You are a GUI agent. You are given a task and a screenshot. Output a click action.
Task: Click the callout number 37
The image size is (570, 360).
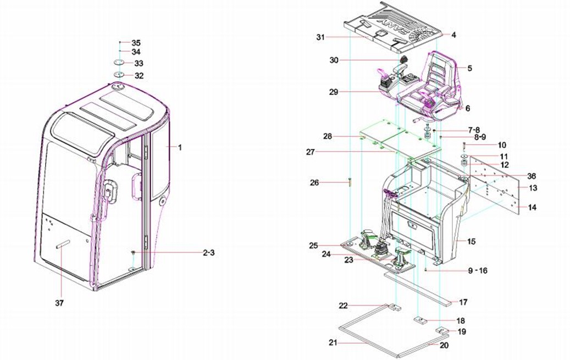(x=60, y=302)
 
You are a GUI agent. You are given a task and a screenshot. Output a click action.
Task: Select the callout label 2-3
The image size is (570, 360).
(x=208, y=253)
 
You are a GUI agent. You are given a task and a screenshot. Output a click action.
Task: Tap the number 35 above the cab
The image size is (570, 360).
(x=136, y=42)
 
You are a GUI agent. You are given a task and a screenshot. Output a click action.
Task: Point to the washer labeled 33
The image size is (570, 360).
(x=120, y=63)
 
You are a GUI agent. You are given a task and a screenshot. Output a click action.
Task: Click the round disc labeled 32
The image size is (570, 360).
(x=120, y=75)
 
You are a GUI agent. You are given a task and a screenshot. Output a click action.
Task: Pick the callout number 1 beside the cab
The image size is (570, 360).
(x=179, y=147)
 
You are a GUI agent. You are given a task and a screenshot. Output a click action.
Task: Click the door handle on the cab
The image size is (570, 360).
(x=134, y=187)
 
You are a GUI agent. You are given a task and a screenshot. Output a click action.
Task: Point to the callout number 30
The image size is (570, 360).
(x=334, y=59)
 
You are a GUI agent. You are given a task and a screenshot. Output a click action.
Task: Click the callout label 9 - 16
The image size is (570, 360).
(x=476, y=271)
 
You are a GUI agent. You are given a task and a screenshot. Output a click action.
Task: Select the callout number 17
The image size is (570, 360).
(x=463, y=302)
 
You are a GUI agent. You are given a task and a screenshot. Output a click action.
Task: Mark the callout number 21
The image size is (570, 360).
(x=333, y=342)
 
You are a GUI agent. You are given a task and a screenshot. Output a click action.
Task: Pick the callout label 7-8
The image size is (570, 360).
(x=474, y=130)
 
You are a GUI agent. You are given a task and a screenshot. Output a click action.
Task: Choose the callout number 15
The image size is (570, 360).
(x=471, y=241)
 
